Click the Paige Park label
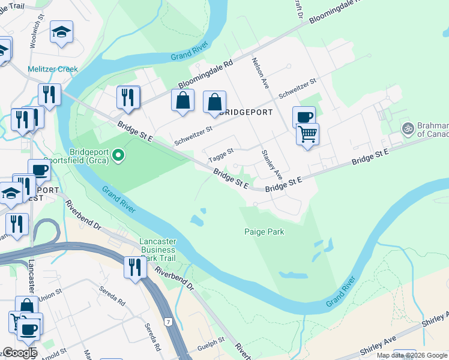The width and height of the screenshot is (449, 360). tap(264, 232)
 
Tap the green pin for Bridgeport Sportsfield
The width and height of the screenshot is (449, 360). tap(119, 156)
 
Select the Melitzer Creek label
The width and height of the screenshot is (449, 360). tap(52, 69)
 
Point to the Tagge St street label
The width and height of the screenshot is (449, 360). tap(220, 155)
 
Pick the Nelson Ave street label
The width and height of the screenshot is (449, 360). tap(261, 73)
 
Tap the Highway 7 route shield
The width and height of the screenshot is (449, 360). tap(170, 323)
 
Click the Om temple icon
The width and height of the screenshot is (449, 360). tap(408, 128)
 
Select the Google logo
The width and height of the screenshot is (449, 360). tap(20, 353)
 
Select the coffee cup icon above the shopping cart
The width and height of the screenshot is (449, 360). tap(304, 116)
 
